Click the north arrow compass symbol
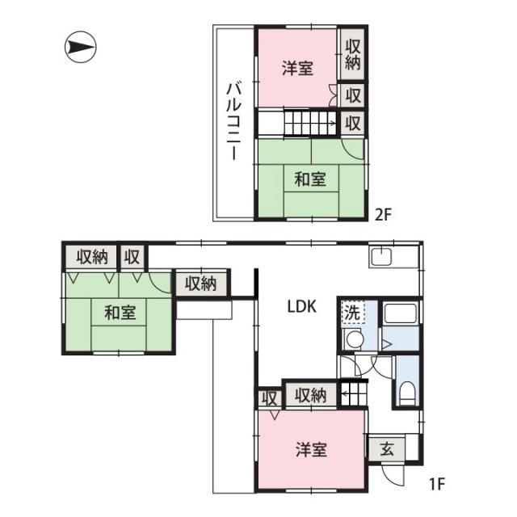click(81, 47)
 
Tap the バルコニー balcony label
click(233, 122)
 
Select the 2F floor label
click(383, 215)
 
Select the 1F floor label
click(437, 484)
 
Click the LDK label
click(302, 307)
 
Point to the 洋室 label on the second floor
click(297, 68)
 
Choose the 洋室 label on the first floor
click(311, 450)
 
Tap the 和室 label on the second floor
click(310, 179)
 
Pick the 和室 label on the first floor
click(120, 313)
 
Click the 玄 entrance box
click(386, 449)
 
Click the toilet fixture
click(407, 393)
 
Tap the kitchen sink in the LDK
click(380, 257)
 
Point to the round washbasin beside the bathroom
click(353, 338)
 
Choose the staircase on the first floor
click(353, 393)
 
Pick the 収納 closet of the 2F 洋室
click(352, 54)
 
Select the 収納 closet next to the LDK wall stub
click(201, 284)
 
